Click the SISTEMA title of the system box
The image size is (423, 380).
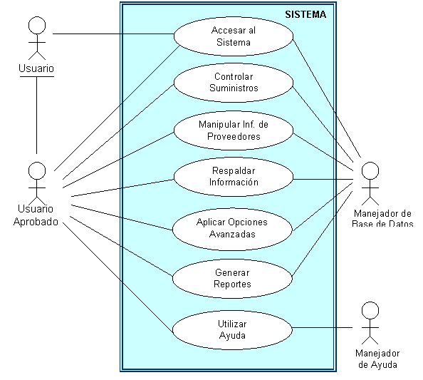(305, 14)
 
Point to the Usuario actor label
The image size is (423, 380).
(36, 68)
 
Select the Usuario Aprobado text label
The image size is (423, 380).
(36, 215)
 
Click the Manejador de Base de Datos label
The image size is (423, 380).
(382, 218)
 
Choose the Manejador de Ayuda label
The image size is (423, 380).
(377, 359)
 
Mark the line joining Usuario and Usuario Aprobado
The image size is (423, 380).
(37, 115)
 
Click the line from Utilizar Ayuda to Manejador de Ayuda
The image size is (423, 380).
(323, 328)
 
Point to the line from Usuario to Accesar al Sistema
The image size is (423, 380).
(113, 34)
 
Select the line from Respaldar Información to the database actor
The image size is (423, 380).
(323, 179)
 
